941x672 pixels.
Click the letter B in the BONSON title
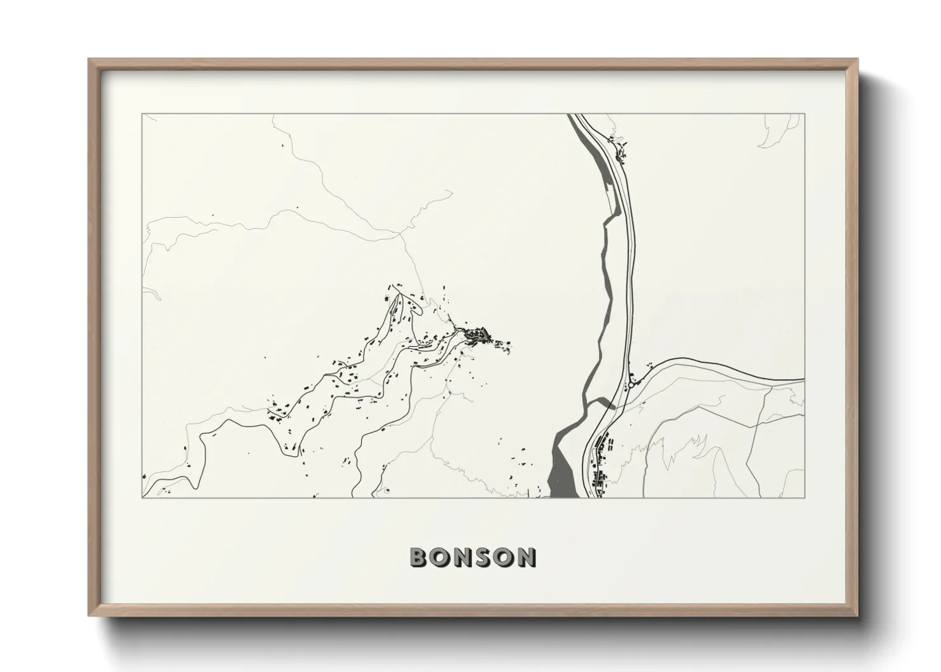[x=420, y=558]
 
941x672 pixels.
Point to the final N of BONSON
[x=526, y=558]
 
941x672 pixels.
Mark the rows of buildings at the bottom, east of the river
[x=601, y=464]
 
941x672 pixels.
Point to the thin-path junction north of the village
[x=399, y=233]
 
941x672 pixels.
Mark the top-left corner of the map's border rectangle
[x=142, y=114]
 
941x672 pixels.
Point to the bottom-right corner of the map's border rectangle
[x=804, y=498]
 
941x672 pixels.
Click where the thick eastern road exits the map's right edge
[x=804, y=381]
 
